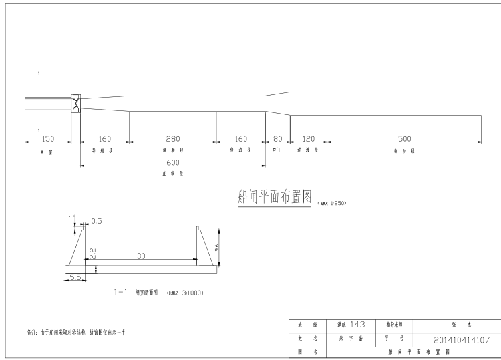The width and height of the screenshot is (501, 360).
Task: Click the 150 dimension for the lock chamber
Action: point(47,139)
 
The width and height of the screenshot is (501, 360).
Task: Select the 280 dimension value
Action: point(172,139)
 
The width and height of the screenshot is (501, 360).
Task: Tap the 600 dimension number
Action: point(173,162)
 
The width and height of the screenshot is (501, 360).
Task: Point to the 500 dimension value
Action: point(404,139)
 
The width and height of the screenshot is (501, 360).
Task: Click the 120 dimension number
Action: point(308,139)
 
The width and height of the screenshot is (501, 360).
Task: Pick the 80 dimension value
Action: point(277,139)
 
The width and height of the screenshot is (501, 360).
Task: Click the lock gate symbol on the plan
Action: point(75,102)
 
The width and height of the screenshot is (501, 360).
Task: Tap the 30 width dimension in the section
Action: point(140,256)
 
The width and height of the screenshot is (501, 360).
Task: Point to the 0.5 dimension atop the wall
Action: point(96,221)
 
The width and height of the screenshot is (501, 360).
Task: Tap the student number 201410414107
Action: point(461,339)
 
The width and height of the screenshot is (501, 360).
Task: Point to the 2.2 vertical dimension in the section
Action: point(92,252)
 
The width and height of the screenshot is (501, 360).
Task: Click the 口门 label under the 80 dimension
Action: point(277,150)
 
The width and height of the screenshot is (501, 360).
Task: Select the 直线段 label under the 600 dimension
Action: point(172,173)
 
